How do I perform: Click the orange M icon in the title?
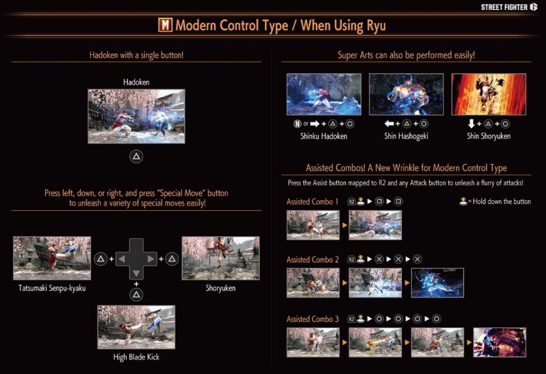coord(165,25)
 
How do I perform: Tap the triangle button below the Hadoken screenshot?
coord(136,157)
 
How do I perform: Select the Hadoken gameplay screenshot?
coord(136,116)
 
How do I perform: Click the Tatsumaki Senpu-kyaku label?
coord(52,288)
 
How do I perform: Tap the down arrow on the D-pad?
coord(136,273)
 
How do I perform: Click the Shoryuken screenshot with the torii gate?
coord(221,258)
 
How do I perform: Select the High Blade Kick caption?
coord(136,357)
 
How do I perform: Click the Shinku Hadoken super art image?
coord(324,94)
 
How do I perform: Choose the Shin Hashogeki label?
coord(406,136)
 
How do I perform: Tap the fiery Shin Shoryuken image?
coord(488,94)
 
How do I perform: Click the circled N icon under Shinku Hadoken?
coord(296,124)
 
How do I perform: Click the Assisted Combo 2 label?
coord(312,259)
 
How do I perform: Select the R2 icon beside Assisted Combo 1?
coord(351,201)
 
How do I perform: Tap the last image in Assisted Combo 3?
coord(500,342)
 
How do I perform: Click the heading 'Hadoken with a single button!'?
coord(136,55)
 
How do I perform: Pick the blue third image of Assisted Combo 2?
coord(437,282)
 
